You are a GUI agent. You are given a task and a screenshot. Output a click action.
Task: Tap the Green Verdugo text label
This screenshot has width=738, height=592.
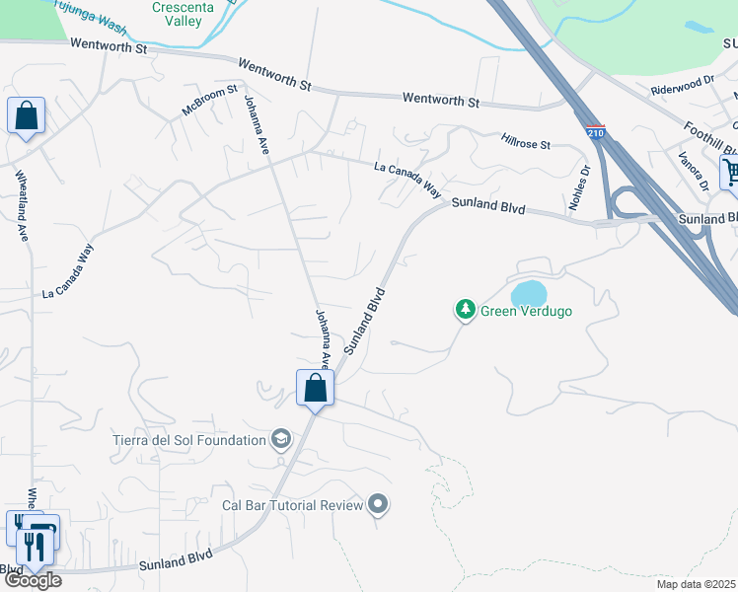pos(526,311)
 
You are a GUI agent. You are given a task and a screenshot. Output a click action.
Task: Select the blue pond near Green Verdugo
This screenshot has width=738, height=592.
pos(528,293)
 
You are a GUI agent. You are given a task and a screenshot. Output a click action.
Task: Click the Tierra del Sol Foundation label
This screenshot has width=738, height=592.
pos(190,439)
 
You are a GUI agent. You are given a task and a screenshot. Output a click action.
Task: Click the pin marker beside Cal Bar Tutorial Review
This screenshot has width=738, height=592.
pos(378,506)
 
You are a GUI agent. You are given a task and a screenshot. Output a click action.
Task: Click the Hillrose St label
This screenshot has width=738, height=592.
pos(525,143)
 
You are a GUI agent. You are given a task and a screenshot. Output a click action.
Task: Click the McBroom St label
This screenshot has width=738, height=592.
pos(210,102)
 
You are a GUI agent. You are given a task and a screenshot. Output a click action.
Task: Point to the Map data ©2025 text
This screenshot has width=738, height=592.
pos(696,583)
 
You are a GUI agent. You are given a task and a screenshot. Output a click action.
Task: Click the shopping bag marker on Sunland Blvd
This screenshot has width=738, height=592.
pos(316,388)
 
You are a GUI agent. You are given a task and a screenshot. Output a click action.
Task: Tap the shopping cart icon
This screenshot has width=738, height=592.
pos(731,174)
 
